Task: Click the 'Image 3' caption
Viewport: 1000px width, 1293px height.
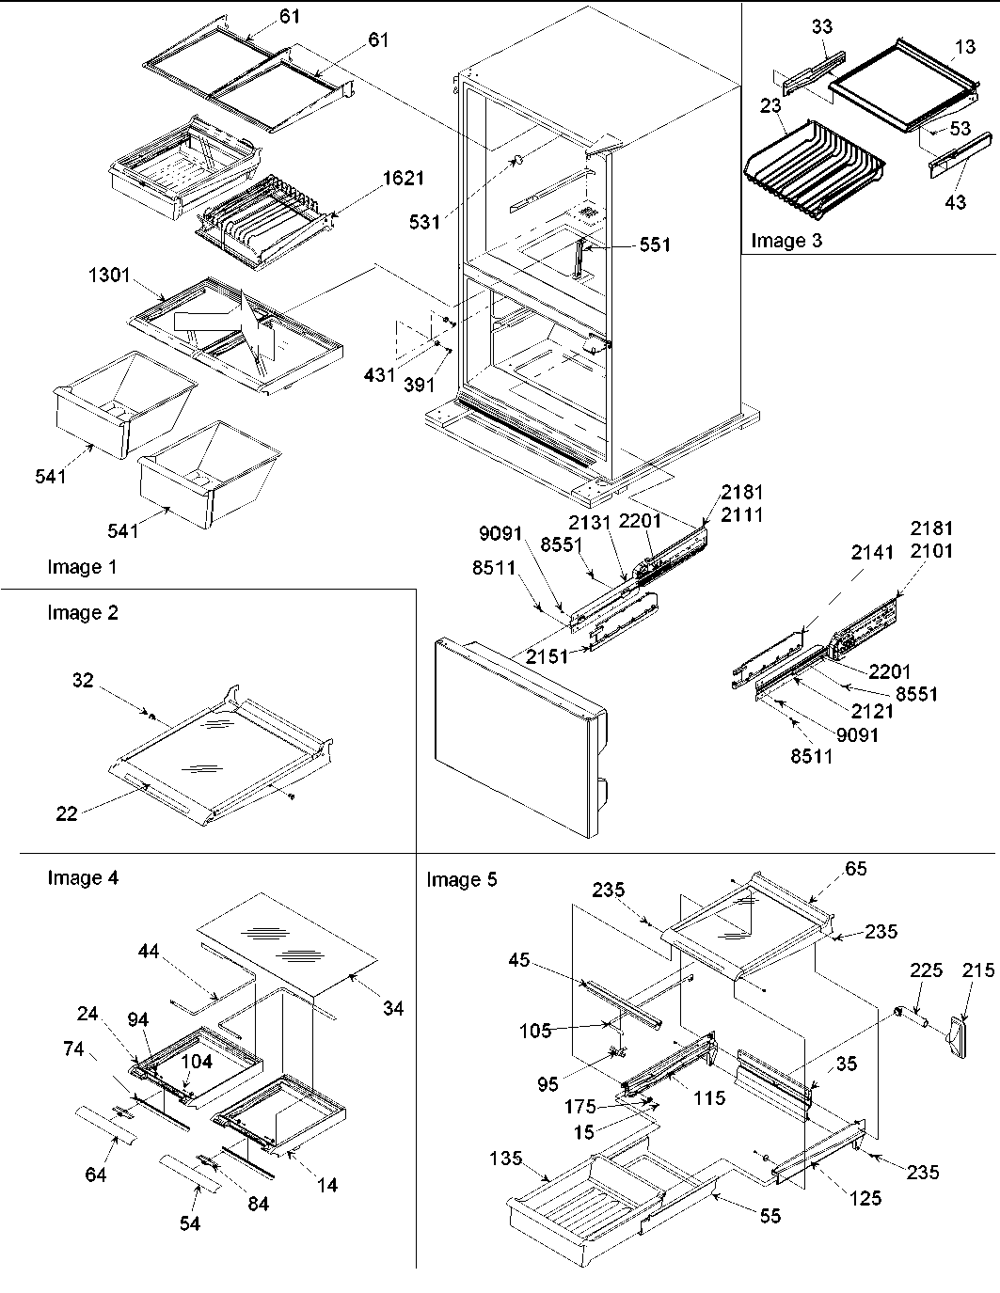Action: pyautogui.click(x=786, y=241)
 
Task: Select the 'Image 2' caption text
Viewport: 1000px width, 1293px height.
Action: pyautogui.click(x=83, y=613)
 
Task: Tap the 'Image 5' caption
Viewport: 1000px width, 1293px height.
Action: pyautogui.click(x=462, y=879)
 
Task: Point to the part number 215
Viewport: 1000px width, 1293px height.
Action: pyautogui.click(x=978, y=970)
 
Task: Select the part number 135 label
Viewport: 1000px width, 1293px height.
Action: pyautogui.click(x=506, y=1159)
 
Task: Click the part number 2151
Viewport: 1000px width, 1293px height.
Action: pyautogui.click(x=548, y=655)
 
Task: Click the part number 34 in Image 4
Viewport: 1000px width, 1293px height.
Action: pyautogui.click(x=392, y=1008)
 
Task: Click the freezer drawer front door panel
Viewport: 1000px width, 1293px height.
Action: pyautogui.click(x=513, y=733)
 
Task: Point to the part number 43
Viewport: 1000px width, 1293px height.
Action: pyautogui.click(x=955, y=203)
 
